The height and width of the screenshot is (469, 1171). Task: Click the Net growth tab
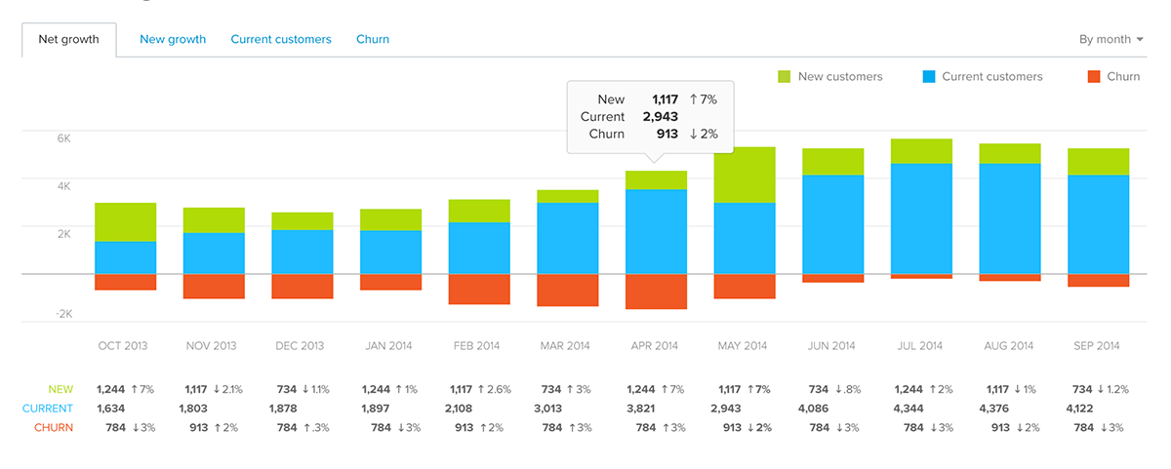pyautogui.click(x=68, y=40)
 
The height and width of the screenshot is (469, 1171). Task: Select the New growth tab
pyautogui.click(x=173, y=40)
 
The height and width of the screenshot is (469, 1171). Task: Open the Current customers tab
pyautogui.click(x=281, y=40)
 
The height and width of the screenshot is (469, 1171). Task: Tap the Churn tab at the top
pyautogui.click(x=373, y=40)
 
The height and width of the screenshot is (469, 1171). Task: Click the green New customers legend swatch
pyautogui.click(x=785, y=77)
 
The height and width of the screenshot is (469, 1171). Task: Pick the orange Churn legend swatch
pyautogui.click(x=1093, y=77)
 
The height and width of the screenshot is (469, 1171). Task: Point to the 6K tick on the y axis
pyautogui.click(x=63, y=138)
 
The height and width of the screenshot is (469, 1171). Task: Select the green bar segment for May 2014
pyautogui.click(x=745, y=175)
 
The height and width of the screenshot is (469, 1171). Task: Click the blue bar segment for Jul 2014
pyautogui.click(x=921, y=218)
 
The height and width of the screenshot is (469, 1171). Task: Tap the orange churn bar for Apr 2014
pyautogui.click(x=657, y=292)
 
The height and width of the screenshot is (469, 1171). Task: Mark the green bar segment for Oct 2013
pyautogui.click(x=126, y=221)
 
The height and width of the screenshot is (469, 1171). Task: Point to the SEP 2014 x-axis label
pyautogui.click(x=1098, y=346)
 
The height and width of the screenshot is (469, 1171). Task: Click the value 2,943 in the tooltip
pyautogui.click(x=660, y=117)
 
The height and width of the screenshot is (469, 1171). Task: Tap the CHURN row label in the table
pyautogui.click(x=54, y=428)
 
